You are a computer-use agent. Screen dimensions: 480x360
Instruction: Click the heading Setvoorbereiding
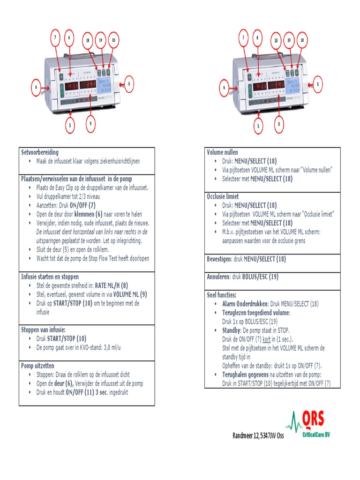(x=40, y=152)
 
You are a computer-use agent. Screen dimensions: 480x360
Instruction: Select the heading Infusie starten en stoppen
(x=50, y=277)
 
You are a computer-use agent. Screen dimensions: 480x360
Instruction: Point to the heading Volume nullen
(x=223, y=152)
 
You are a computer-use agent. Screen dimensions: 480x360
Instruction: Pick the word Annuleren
(x=218, y=277)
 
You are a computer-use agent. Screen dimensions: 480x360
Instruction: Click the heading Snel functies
(x=222, y=295)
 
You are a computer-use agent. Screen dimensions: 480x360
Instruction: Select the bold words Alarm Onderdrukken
(x=245, y=304)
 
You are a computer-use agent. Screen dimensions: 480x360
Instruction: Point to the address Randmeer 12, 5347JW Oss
(x=258, y=435)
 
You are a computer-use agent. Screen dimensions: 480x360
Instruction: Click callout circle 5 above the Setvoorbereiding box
(x=70, y=126)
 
